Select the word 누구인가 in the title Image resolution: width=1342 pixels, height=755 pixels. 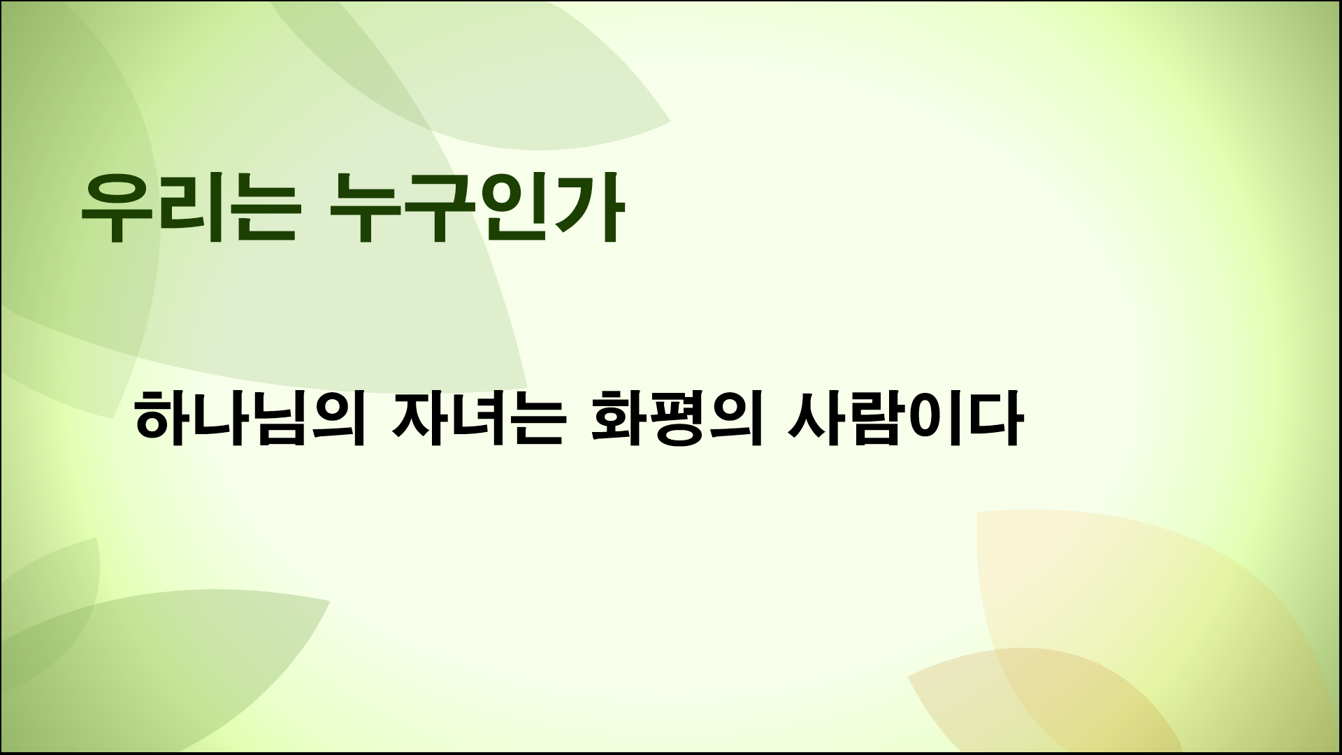point(473,208)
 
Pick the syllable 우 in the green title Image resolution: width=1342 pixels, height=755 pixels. point(114,208)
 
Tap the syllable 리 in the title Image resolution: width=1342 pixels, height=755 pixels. point(185,208)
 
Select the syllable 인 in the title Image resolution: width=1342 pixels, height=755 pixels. point(510,208)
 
